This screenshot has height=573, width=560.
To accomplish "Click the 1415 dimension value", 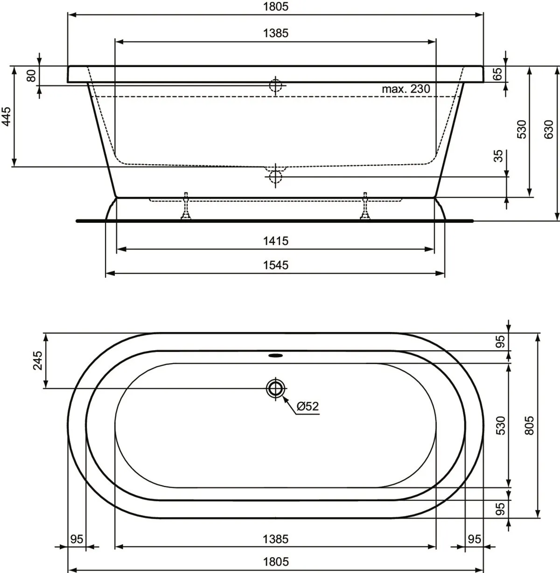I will (x=275, y=241).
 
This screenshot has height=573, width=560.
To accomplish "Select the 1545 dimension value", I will (x=275, y=265).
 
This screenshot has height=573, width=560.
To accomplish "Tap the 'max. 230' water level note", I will (x=406, y=89).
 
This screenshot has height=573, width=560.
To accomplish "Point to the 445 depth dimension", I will (x=7, y=117).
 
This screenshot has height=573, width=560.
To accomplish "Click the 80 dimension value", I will (x=32, y=76).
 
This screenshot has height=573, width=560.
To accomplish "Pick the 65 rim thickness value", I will (x=497, y=74).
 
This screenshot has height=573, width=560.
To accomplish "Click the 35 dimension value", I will (x=498, y=156).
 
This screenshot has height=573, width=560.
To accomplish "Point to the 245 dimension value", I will (x=37, y=360).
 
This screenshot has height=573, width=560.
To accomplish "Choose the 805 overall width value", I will (x=529, y=425).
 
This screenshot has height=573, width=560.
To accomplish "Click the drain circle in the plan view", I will (x=275, y=388).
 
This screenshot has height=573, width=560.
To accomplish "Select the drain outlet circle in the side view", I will (x=275, y=176).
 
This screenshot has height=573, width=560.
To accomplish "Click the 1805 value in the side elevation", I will (x=275, y=7).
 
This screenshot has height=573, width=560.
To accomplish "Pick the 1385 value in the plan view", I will (x=275, y=539).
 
